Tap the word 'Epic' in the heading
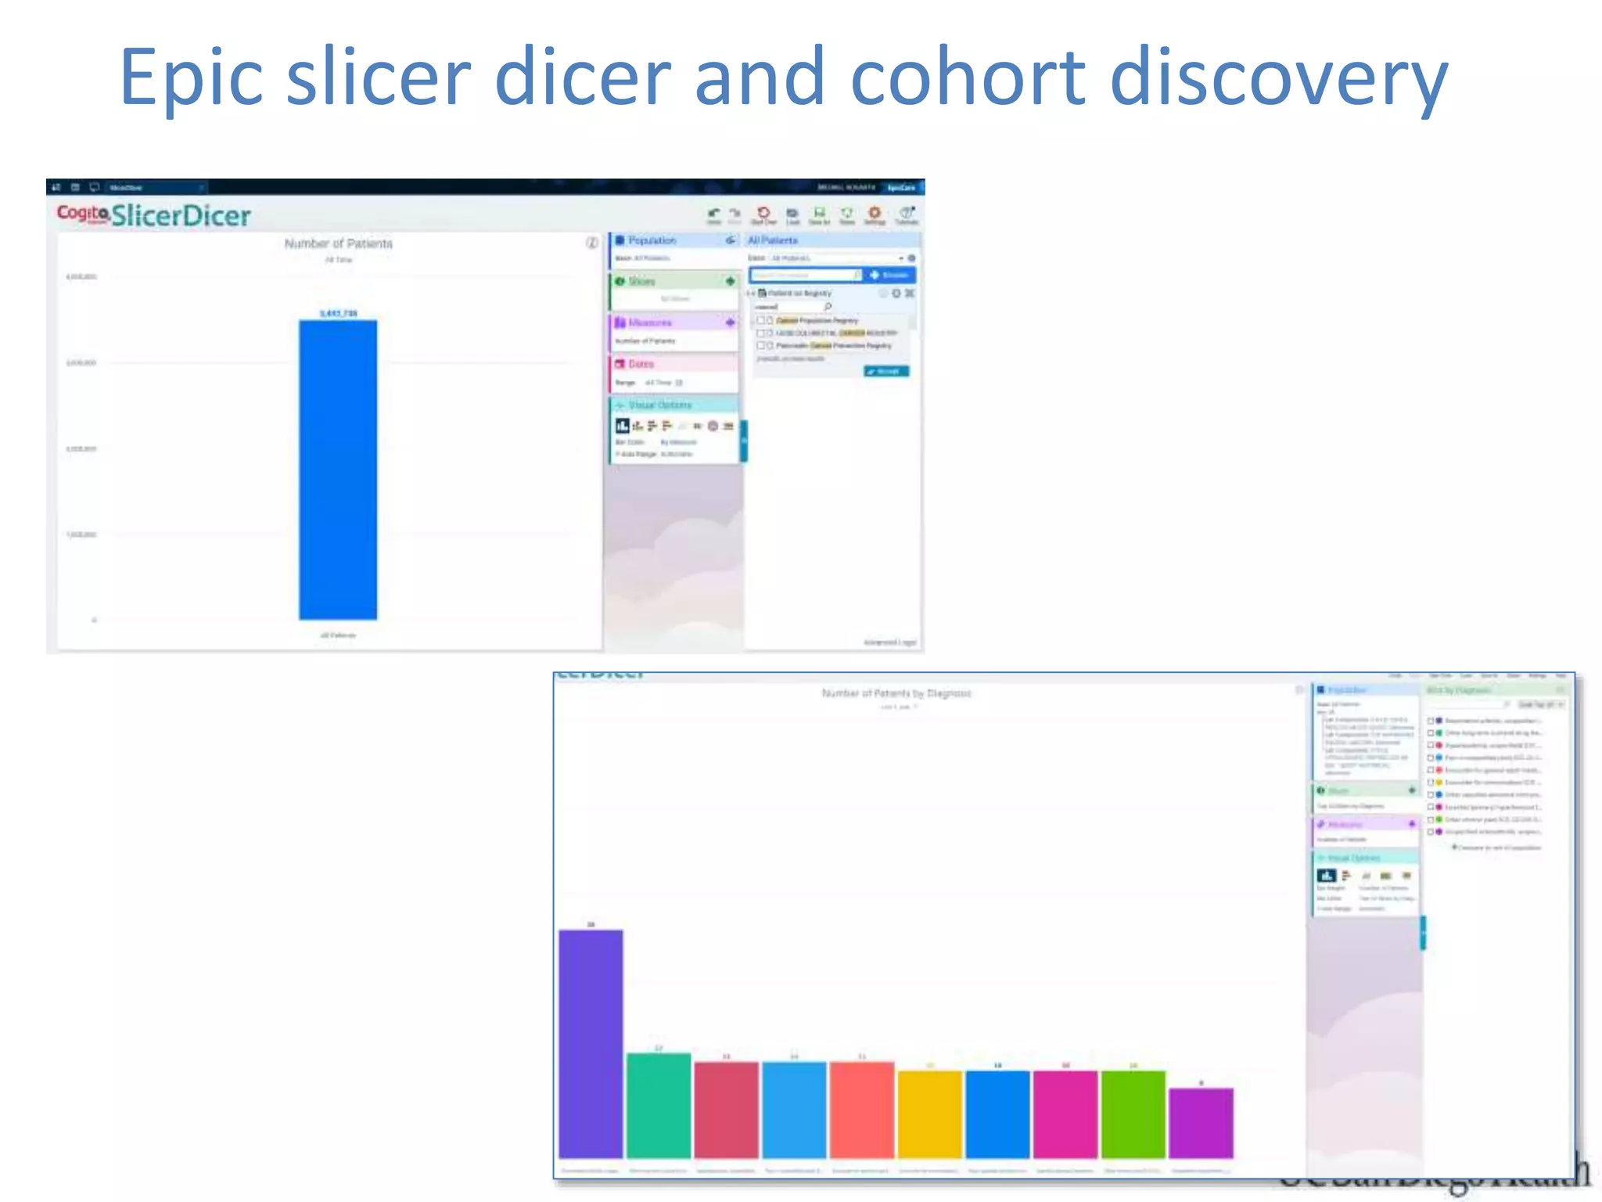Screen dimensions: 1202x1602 click(x=192, y=78)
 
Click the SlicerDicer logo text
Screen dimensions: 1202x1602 click(x=181, y=215)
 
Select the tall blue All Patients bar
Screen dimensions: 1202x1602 click(x=338, y=470)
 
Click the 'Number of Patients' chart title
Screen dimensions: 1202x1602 click(x=338, y=243)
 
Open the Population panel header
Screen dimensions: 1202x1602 click(x=652, y=240)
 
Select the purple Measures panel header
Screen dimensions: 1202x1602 click(x=649, y=322)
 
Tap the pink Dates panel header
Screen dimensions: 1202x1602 click(x=641, y=364)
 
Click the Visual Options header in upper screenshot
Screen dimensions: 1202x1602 click(x=659, y=405)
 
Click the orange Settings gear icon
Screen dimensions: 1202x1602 click(x=875, y=213)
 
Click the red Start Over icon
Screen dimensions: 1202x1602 click(x=763, y=213)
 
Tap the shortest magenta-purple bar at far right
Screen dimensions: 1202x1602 click(x=1201, y=1122)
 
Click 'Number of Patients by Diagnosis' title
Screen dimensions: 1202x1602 click(x=896, y=693)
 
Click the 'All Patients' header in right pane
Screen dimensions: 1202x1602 click(x=773, y=240)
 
